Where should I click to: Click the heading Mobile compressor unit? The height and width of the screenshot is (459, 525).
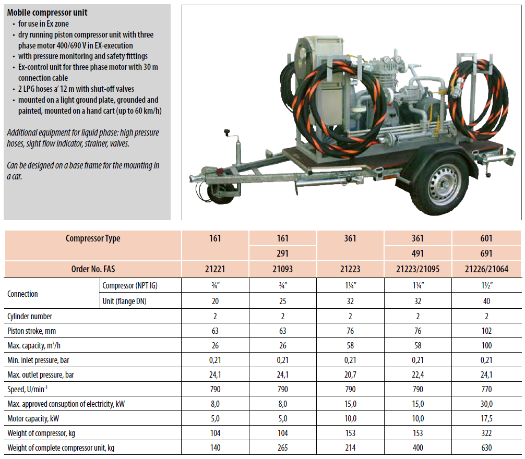tap(47, 13)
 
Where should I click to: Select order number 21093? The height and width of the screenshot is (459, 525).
tap(282, 270)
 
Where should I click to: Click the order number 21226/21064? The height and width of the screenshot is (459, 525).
tap(486, 270)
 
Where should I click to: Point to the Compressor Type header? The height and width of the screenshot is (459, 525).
tap(93, 238)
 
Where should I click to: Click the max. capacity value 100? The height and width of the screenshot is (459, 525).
tap(486, 345)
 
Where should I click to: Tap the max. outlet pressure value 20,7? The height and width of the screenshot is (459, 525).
tap(350, 375)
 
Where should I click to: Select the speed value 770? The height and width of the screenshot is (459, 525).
tap(486, 389)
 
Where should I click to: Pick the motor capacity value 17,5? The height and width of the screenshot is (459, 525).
tap(486, 418)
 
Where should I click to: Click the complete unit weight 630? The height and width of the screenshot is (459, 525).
tap(486, 448)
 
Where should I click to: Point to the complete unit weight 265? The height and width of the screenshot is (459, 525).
tap(282, 448)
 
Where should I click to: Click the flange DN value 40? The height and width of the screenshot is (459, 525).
tap(486, 301)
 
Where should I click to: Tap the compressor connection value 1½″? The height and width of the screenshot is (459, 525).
tap(486, 285)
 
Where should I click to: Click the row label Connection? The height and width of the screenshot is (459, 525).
tap(22, 294)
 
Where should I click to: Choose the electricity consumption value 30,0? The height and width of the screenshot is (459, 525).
tap(486, 404)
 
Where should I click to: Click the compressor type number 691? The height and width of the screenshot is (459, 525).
tap(486, 254)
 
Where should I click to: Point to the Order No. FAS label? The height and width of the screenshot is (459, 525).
tap(93, 270)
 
